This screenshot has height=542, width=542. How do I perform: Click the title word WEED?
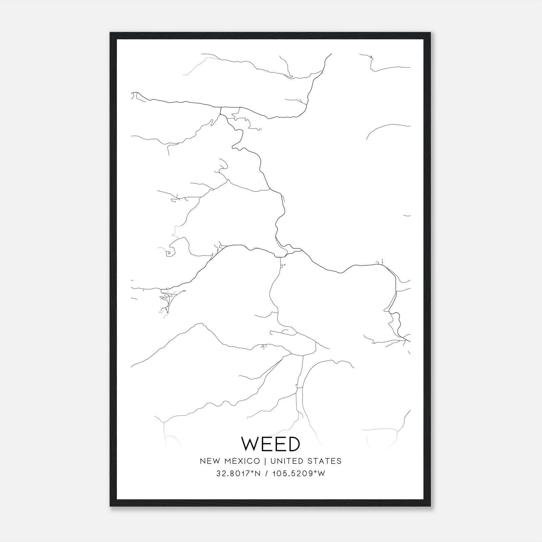271,444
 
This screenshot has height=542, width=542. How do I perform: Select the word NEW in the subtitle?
210,461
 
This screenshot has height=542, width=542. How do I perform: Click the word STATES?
325,461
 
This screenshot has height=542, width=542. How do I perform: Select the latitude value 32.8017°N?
238,474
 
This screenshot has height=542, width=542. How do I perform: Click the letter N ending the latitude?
258,474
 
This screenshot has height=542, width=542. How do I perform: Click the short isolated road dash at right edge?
407,215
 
